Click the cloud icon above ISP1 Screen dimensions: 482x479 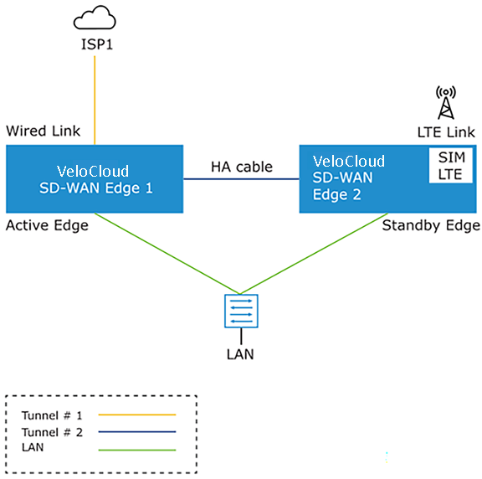point(95,18)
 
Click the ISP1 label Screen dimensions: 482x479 point(97,44)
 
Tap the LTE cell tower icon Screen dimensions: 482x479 point(446,103)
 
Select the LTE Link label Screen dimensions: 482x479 point(446,132)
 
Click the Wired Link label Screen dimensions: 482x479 point(43,131)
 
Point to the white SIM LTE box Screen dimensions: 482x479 point(451,166)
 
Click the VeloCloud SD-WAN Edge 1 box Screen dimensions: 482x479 point(95,179)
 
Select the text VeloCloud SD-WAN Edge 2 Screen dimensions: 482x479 point(349,178)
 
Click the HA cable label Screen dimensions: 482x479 point(242,167)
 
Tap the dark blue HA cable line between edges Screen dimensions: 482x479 point(241,178)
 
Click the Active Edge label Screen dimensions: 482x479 point(47,225)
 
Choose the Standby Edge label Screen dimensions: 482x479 point(431,226)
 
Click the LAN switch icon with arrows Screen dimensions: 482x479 point(241,311)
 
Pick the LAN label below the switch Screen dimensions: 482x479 point(240,354)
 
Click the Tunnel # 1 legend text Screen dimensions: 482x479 point(52,415)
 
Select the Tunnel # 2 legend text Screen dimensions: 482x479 point(52,432)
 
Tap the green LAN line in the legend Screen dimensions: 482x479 point(137,450)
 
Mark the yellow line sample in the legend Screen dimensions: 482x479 point(137,415)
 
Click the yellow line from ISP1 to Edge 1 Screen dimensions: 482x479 point(95,100)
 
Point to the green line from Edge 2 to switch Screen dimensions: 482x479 point(314,254)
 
